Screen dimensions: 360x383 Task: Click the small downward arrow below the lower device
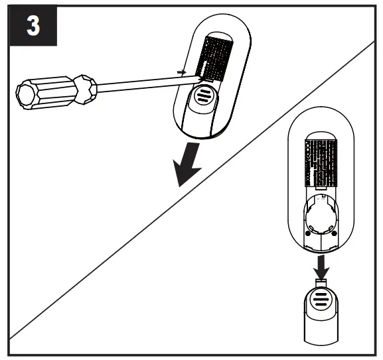pos(321,265)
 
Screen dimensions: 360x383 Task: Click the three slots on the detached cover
pos(321,298)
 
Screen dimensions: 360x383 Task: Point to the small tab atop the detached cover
pos(321,281)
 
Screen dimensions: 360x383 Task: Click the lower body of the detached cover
pos(321,328)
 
